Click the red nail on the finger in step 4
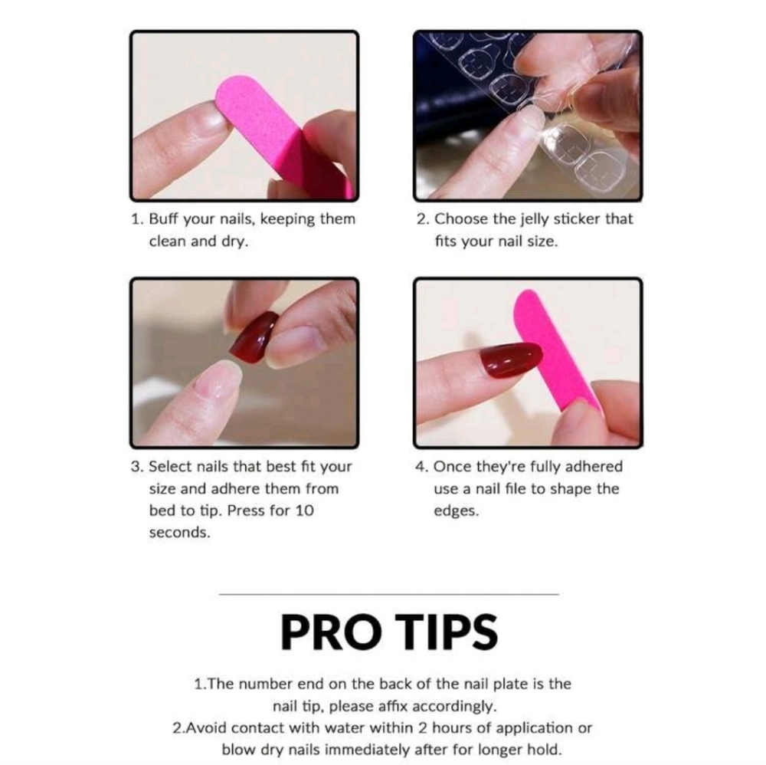click(x=511, y=360)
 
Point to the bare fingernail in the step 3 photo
click(x=218, y=379)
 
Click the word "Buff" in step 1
click(x=163, y=219)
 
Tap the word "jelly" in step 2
click(x=535, y=219)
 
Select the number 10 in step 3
click(x=304, y=511)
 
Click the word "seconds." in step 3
click(x=180, y=532)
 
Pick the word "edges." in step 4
click(x=457, y=511)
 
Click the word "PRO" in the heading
click(x=331, y=632)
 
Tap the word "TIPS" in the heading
click(x=446, y=632)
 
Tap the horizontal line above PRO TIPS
click(x=389, y=594)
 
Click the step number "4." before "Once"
click(x=421, y=467)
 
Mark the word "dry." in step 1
click(x=234, y=241)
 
